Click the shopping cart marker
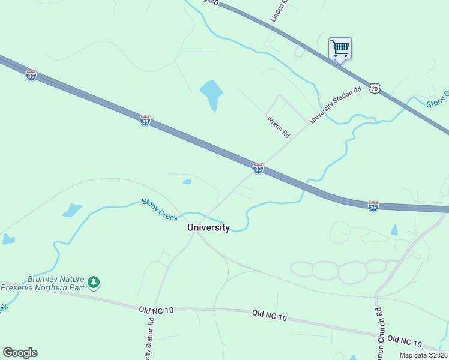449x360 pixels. (340, 48)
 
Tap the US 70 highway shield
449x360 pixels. (375, 89)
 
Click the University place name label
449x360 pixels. (208, 227)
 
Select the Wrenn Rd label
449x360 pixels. (279, 127)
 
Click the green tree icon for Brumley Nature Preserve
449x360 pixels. (93, 281)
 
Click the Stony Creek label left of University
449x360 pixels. (160, 209)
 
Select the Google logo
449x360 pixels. (20, 353)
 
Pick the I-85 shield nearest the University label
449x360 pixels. (258, 169)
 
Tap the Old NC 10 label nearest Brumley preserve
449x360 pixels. (156, 310)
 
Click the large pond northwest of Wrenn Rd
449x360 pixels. (211, 94)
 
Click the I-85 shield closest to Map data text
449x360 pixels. (373, 206)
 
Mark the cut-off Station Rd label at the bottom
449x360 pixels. (150, 338)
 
